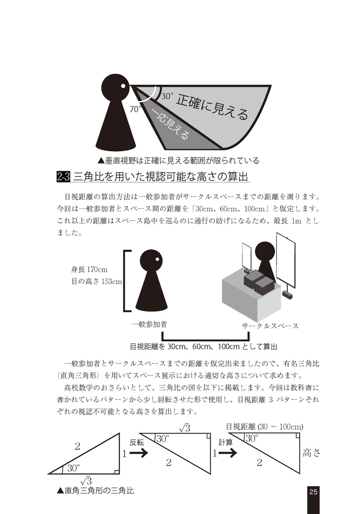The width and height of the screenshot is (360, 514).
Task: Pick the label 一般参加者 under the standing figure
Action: pos(149,324)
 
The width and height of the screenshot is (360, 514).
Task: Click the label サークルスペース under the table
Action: pos(270,326)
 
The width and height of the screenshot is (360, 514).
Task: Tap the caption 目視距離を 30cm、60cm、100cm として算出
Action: pos(204,346)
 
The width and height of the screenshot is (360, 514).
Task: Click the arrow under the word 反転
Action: pos(138,453)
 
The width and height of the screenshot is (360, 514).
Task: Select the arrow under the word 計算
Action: pos(227,453)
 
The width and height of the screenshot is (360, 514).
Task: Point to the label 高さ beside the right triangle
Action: pos(311,453)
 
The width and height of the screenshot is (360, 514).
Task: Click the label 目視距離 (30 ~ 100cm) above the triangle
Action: pos(264,427)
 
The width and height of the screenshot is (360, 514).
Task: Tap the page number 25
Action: pos(313,491)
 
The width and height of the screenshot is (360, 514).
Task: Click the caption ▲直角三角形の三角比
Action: pos(95,490)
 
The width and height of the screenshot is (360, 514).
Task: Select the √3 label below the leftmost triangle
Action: pos(86,481)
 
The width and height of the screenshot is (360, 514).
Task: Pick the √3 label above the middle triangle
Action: pos(184,428)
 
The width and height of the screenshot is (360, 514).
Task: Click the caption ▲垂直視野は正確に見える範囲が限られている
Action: pos(178,161)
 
